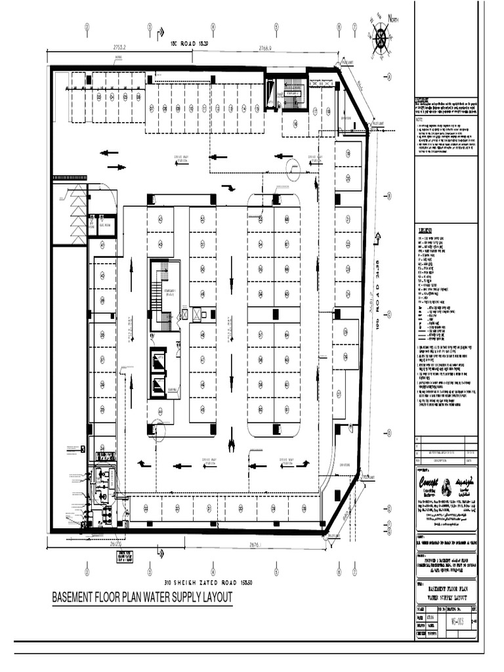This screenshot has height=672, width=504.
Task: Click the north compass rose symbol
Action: [381, 37]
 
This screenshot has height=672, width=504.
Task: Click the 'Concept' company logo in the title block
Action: [429, 482]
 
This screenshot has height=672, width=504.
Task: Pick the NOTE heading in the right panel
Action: [420, 119]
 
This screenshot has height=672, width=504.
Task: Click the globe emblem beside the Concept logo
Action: [447, 486]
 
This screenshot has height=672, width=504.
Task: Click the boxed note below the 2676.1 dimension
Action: [123, 557]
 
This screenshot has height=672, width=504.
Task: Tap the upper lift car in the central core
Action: [158, 360]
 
